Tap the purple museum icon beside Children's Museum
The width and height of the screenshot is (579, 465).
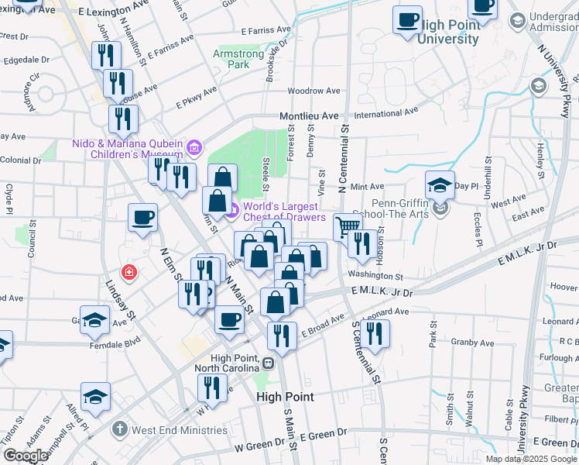coord(194,146)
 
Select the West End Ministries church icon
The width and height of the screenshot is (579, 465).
coord(118,428)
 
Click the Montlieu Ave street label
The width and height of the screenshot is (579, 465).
coord(310,115)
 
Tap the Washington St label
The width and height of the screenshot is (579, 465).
coord(375,276)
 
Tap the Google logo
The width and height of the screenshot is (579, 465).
coord(26,456)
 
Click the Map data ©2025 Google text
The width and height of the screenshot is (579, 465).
coord(530,459)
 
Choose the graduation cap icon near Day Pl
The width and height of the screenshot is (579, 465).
coord(440,186)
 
